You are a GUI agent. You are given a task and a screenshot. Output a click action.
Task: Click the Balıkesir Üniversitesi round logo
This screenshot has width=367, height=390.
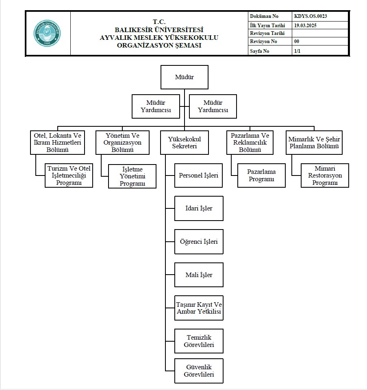pos(47,33)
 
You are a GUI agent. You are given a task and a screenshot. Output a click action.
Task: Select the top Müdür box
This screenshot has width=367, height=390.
pos(185,77)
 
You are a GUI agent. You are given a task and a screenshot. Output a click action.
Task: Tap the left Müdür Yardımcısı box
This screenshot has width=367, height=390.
pos(156,106)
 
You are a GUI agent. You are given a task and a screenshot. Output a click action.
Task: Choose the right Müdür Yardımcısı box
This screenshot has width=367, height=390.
pos(213,106)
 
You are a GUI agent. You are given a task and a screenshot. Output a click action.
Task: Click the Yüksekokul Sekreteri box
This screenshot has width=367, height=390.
pos(185,143)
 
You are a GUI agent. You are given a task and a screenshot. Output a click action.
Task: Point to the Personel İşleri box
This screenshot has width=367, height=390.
pos(199,175)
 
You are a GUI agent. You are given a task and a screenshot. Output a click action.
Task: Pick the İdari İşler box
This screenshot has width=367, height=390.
pos(199,208)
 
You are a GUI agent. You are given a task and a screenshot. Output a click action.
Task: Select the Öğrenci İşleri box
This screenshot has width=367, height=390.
pos(199,241)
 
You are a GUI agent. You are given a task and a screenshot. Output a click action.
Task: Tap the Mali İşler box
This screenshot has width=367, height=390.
pos(199,275)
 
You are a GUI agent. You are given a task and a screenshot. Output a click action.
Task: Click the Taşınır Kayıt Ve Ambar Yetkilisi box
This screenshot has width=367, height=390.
pos(199,308)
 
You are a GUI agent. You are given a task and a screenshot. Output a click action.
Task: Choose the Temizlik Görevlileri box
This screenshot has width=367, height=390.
pos(199,341)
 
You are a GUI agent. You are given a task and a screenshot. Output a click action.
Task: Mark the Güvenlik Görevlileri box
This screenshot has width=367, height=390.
pos(199,371)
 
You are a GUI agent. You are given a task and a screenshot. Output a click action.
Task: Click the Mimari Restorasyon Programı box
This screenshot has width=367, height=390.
pos(325,175)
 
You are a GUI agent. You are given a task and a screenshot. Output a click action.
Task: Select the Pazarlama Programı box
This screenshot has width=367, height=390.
pos(261,175)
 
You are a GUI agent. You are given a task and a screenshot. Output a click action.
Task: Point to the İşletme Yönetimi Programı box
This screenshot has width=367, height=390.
pos(132,176)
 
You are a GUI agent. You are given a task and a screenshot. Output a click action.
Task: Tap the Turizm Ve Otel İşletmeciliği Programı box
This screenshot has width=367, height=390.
pos(69,175)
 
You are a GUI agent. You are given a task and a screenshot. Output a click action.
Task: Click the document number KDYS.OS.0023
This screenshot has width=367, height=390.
pos(311,16)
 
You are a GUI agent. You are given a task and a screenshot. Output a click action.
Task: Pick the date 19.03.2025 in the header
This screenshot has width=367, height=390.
pos(305,25)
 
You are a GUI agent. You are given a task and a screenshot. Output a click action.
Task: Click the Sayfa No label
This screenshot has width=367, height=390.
pos(260,51)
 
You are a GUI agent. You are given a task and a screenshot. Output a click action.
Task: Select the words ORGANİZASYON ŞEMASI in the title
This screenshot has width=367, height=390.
pos(159,45)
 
